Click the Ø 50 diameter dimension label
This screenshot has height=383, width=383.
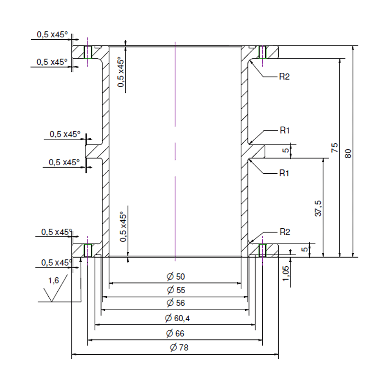pos(175,277)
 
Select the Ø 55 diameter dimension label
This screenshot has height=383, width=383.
pos(175,290)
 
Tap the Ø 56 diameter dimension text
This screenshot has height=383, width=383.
pos(175,303)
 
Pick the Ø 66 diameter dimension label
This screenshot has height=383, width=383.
pos(175,333)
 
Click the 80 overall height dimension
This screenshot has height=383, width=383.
pos(348,154)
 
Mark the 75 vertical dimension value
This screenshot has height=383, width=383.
pos(335,148)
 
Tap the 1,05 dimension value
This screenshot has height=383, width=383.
pos(286,274)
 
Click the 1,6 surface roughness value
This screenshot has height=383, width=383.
pos(53,281)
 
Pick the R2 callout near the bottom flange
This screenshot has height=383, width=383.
pos(284,232)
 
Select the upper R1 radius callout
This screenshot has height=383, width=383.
pos(284,130)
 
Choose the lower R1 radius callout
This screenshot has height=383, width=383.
pos(284,173)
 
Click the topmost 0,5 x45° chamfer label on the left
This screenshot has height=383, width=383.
pos(52,34)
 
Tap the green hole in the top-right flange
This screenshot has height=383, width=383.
pos(262,52)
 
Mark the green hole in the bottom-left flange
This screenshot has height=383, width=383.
pos(88,250)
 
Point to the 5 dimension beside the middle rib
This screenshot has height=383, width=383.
pos(286,151)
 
